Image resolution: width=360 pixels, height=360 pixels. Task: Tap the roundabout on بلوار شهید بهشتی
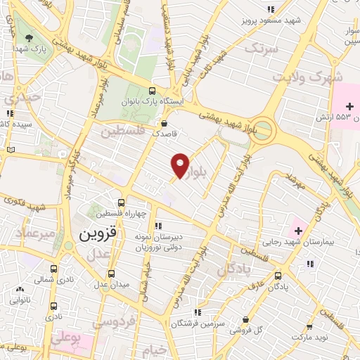point(262,129)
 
